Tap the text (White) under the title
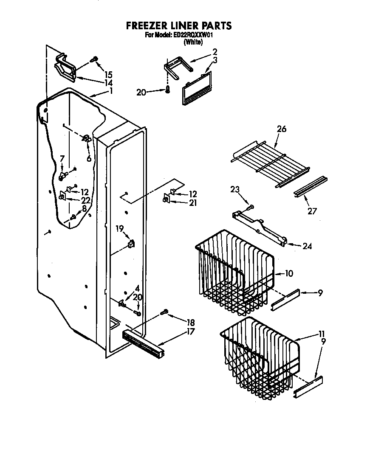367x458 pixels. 192,42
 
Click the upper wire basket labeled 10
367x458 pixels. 234,272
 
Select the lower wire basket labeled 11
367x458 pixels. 259,357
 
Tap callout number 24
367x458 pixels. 307,246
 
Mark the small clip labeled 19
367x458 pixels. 131,244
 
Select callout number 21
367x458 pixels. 193,203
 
